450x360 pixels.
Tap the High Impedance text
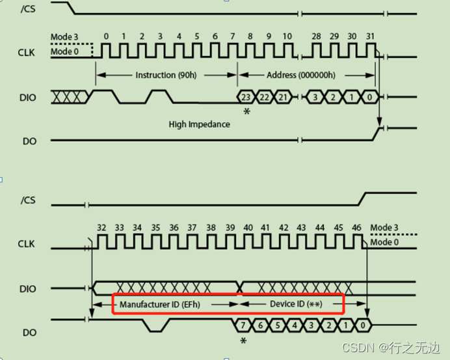point(199,124)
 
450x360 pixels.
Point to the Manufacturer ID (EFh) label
point(167,305)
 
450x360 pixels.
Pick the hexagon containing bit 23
point(246,97)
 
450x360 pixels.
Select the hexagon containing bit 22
point(264,97)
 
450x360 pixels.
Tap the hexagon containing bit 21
point(282,97)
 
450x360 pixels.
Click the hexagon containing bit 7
point(243,324)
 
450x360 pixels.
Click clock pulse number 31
point(370,51)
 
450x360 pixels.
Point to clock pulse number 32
point(101,241)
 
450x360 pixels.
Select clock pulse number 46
point(356,241)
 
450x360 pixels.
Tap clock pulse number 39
point(230,241)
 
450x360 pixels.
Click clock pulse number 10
point(287,51)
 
